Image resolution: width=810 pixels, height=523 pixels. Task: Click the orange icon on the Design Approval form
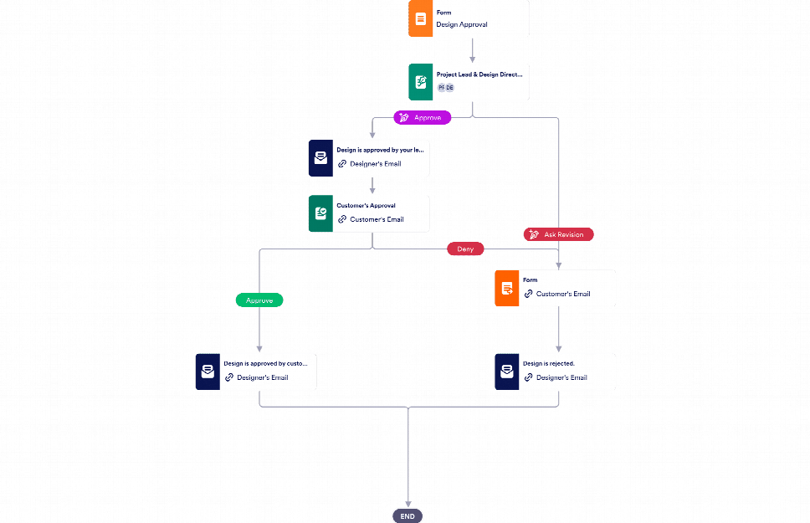tap(421, 18)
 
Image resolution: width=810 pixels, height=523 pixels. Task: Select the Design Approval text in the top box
tap(462, 24)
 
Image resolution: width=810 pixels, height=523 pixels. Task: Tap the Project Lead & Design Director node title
tap(479, 74)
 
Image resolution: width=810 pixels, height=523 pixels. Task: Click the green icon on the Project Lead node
tap(421, 82)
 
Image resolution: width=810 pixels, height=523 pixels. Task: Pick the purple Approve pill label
tap(423, 118)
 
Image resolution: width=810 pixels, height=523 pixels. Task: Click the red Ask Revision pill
tap(558, 234)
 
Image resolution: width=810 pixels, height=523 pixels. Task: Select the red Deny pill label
tap(465, 249)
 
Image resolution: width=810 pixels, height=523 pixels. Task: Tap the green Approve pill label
tap(259, 300)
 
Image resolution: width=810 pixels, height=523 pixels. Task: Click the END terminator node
tap(408, 515)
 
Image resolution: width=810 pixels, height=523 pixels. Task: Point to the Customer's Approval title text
tap(366, 205)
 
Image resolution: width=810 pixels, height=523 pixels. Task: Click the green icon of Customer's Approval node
tap(320, 213)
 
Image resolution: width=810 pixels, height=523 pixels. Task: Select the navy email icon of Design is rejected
tap(506, 372)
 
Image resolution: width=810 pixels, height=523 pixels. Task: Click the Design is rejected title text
tap(549, 364)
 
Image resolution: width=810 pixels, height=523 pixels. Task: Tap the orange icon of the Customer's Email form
tap(506, 288)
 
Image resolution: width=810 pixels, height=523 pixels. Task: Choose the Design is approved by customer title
tap(265, 364)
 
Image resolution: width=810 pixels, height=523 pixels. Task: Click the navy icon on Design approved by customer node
tap(207, 372)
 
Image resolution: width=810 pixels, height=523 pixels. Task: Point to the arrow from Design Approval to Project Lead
tap(473, 50)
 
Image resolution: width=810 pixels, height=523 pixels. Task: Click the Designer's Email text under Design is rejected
tap(561, 377)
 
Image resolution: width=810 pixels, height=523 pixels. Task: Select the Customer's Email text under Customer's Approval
tap(377, 219)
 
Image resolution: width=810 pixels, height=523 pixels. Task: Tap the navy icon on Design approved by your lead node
tap(320, 157)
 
